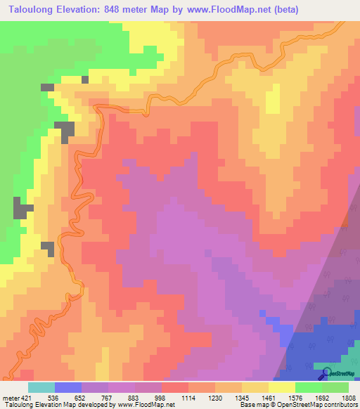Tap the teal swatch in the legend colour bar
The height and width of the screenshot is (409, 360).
(41, 387)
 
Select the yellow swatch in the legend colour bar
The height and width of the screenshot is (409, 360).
(282, 387)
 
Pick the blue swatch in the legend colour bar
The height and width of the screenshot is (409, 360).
(67, 387)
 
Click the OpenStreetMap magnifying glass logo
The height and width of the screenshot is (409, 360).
(326, 374)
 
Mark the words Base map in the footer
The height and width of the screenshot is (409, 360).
(251, 405)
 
